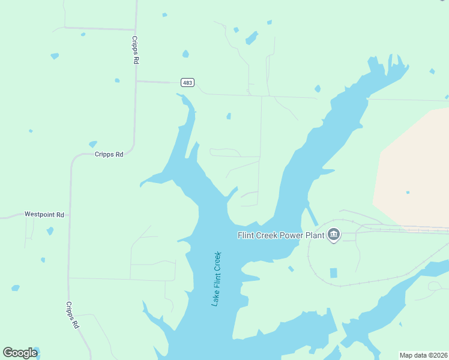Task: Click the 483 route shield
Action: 187,82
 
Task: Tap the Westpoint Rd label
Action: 44,214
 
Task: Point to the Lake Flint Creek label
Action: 217,279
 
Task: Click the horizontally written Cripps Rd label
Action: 109,154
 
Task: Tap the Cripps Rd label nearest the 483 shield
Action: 136,50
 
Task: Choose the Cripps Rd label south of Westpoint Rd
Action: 73,315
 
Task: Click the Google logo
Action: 20,353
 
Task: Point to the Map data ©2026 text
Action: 423,355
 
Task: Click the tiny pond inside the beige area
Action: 408,193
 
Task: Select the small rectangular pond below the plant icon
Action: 333,273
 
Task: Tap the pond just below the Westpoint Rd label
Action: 50,231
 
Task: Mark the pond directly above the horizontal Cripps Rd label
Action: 92,144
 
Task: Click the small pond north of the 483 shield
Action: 185,54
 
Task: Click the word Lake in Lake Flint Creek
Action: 214,298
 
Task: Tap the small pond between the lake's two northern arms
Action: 228,116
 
